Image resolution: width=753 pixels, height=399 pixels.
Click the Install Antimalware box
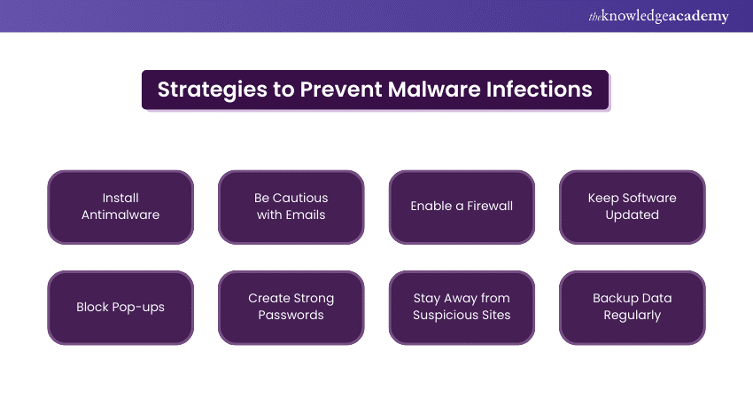click(x=120, y=207)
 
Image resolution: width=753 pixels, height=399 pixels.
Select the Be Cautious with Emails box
click(x=291, y=207)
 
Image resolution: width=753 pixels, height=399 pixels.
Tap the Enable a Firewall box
click(x=462, y=207)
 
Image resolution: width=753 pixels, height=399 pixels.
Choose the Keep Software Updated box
click(x=633, y=207)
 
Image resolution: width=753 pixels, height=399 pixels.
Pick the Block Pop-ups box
click(x=120, y=307)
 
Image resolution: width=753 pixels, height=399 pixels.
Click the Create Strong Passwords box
click(x=291, y=307)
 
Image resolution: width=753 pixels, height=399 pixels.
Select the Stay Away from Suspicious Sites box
click(x=462, y=307)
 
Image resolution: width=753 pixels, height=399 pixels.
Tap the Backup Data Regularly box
click(x=633, y=307)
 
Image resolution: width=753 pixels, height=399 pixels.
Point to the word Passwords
click(x=291, y=316)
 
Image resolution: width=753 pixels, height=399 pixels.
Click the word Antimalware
click(x=120, y=215)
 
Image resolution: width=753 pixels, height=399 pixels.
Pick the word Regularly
click(x=633, y=316)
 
